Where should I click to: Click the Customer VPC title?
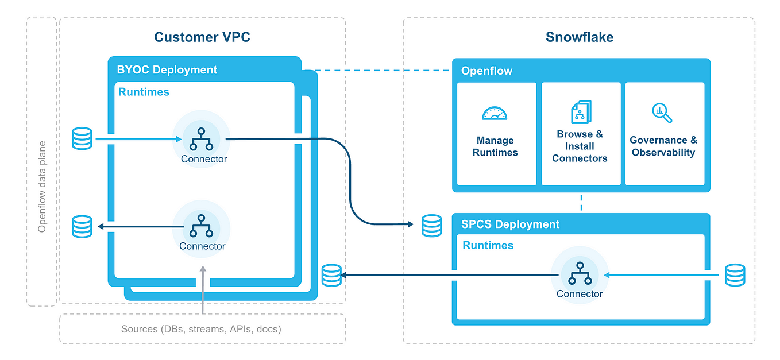click(202, 37)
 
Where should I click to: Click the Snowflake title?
click(580, 37)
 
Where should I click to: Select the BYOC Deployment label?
click(167, 69)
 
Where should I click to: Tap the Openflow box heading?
click(486, 71)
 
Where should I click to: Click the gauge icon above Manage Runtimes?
click(495, 114)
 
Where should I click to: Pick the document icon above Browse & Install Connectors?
click(581, 112)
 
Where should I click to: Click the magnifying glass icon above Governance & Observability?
click(662, 113)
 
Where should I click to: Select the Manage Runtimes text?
click(495, 146)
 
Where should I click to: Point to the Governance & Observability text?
click(663, 146)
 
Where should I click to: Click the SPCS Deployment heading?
click(510, 224)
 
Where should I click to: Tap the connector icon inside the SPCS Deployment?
click(580, 273)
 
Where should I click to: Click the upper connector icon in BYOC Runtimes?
click(201, 140)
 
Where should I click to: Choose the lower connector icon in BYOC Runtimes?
click(201, 226)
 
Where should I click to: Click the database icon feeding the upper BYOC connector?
click(82, 138)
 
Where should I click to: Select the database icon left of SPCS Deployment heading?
click(432, 226)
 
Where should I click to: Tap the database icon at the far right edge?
click(735, 275)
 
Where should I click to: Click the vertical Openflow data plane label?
click(42, 187)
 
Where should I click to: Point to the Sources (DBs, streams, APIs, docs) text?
click(201, 329)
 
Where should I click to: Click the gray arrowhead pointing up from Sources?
click(203, 269)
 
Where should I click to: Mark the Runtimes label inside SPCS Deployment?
click(488, 246)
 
